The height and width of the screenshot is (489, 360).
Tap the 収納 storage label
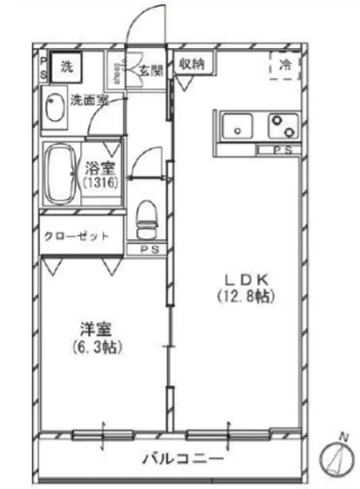[193, 63]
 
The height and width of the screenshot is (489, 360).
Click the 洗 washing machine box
[68, 65]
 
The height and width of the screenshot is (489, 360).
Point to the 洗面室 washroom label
[89, 100]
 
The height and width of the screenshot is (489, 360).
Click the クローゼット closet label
[77, 236]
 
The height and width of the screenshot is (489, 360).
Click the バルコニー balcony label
[183, 461]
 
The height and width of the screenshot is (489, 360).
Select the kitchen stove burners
[284, 125]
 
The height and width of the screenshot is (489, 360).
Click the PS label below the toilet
[148, 250]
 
